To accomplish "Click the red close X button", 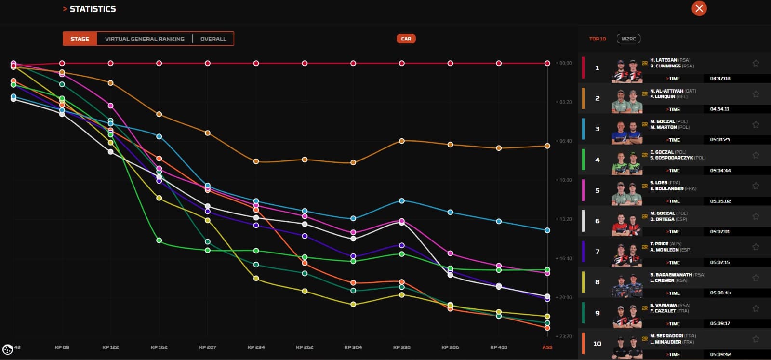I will tap(699, 8).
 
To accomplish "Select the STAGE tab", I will tap(80, 39).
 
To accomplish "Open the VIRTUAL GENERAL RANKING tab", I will tap(145, 39).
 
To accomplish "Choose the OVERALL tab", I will tap(213, 39).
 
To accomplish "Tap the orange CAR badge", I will tap(406, 39).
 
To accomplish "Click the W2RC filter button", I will tap(628, 39).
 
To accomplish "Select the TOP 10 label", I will tap(598, 39).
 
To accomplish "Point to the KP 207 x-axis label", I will tap(208, 347).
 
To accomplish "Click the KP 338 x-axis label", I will tap(401, 347).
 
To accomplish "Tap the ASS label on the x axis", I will tap(547, 347).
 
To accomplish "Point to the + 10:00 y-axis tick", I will tap(563, 180).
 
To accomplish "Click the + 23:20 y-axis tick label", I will tap(563, 336).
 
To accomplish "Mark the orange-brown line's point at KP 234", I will tap(256, 161).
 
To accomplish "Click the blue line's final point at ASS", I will tap(547, 230).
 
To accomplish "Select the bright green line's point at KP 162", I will tap(159, 240).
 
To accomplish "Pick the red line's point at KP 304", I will tap(353, 63).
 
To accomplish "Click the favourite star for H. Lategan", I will tap(756, 63).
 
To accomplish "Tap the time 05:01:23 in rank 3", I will tap(720, 140).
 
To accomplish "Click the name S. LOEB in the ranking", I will tap(658, 183).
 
